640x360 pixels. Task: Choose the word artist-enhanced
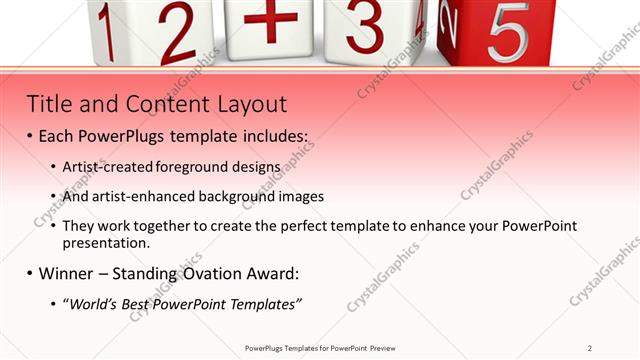133,197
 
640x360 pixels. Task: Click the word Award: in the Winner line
274,273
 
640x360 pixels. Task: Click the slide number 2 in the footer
590,348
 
